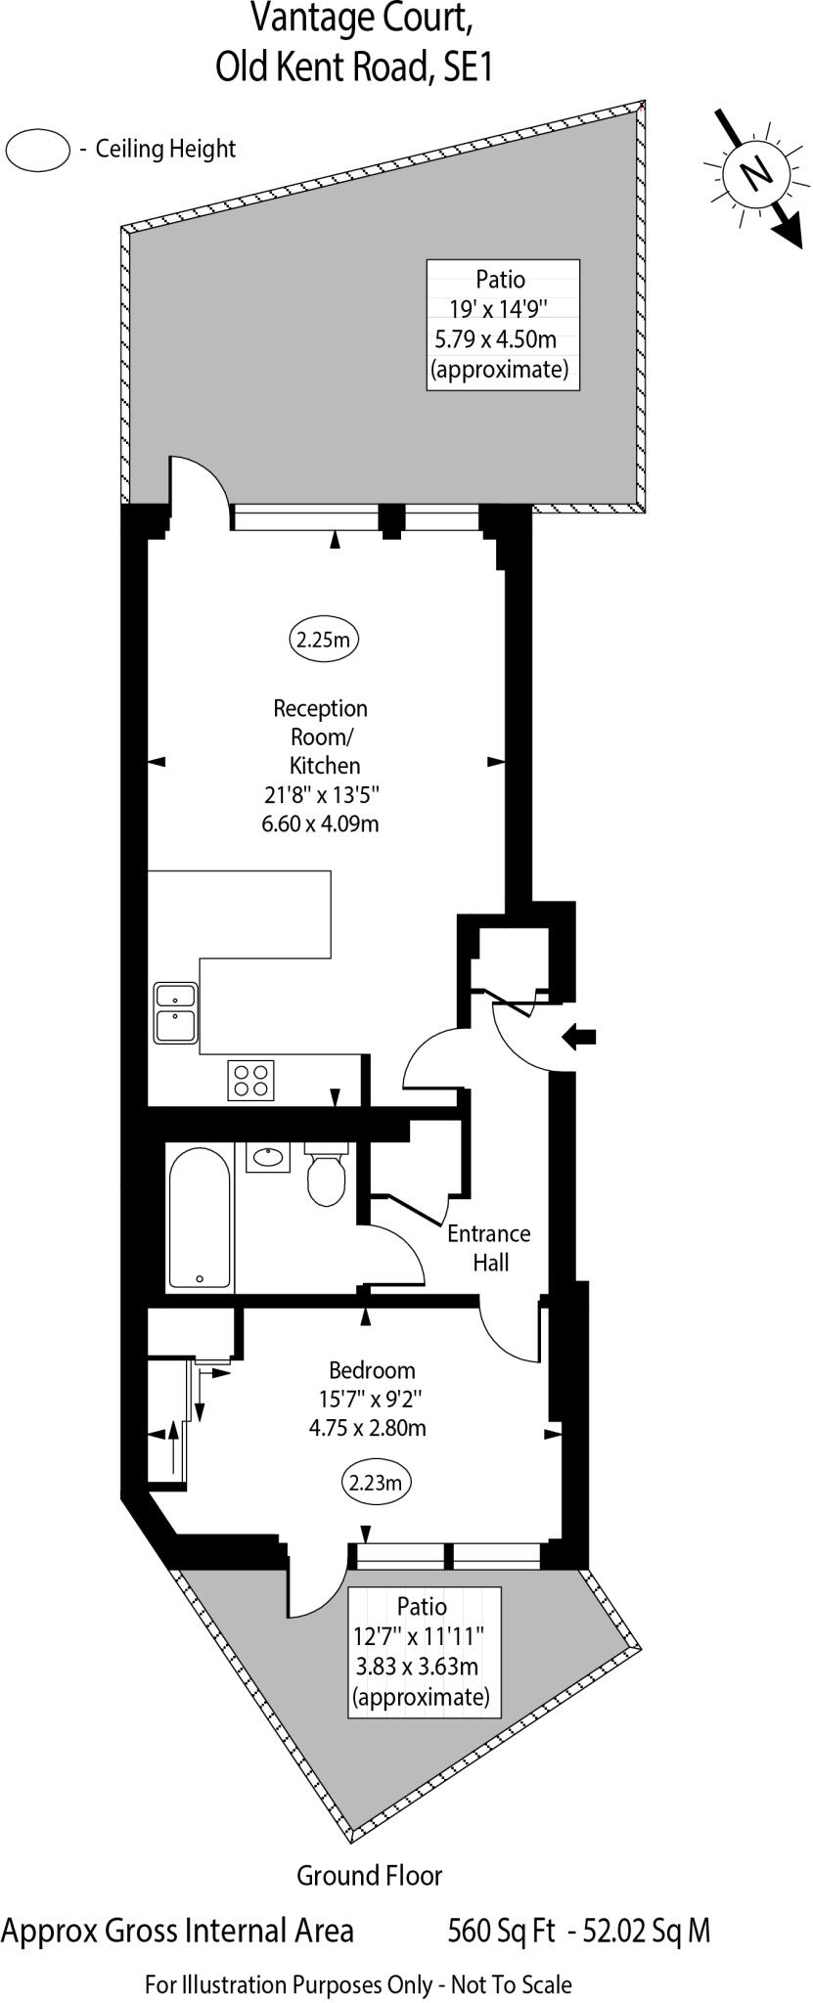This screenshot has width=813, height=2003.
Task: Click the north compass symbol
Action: (x=755, y=174)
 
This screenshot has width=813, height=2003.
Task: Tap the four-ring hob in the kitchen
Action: (x=250, y=1080)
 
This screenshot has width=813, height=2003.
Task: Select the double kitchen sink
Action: (x=176, y=1013)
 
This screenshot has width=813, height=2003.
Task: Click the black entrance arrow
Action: (x=579, y=1038)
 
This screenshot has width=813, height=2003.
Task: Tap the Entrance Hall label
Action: (x=489, y=1248)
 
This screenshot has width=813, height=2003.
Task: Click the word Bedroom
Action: (x=372, y=1370)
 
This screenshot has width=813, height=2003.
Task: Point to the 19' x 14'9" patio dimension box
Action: (x=503, y=325)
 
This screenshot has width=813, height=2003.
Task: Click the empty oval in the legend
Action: (x=38, y=151)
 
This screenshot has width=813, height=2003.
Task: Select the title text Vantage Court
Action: (x=353, y=19)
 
